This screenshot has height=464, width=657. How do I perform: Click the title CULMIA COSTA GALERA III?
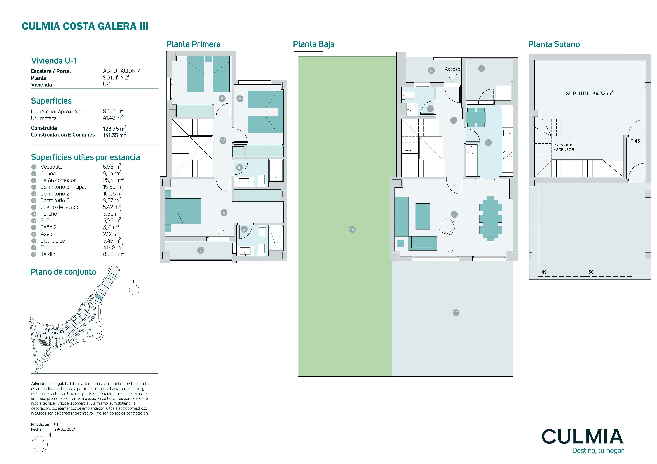tap(85, 26)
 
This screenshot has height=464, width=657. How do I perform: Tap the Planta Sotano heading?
tap(554, 44)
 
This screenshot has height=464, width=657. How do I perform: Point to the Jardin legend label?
tap(48, 254)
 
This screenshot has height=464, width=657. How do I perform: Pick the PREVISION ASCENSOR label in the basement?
tap(563, 147)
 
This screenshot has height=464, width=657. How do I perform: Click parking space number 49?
tap(544, 272)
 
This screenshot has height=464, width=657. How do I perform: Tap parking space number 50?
tap(591, 272)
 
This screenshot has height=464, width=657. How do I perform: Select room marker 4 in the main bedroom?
tap(224, 212)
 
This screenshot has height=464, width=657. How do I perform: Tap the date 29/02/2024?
tap(65, 429)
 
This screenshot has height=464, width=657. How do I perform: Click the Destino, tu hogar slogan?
tap(598, 451)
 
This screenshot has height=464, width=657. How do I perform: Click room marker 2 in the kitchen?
tap(488, 143)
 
